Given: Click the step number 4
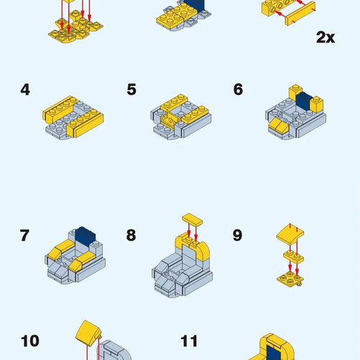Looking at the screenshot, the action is pos(25,90).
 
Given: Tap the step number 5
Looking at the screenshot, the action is pos(131,90).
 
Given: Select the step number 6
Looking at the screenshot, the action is pos(238,90).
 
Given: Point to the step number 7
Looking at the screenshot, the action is pos(24,235).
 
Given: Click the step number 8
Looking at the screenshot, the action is pos(131,235).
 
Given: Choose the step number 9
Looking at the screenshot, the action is pos(237,235).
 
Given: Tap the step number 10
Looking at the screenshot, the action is pos(30,341).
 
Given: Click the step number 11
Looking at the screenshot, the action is pos(189,341).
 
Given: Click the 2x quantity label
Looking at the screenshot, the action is pos(326,37).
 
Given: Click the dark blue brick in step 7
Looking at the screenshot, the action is pos(86,236).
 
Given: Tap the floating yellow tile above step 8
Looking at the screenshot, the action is pos(193,219).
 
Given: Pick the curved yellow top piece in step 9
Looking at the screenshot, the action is pos(290,234).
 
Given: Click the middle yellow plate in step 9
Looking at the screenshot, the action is pos(293,257).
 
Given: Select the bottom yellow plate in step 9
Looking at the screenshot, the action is pos(290,280).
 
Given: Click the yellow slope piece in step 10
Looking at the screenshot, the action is pos(88,333).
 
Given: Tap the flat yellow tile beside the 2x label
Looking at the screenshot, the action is pos(300,14).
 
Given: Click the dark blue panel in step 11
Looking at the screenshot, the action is pos(274,353).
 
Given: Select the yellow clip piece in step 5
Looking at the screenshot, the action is pos(170,120).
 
